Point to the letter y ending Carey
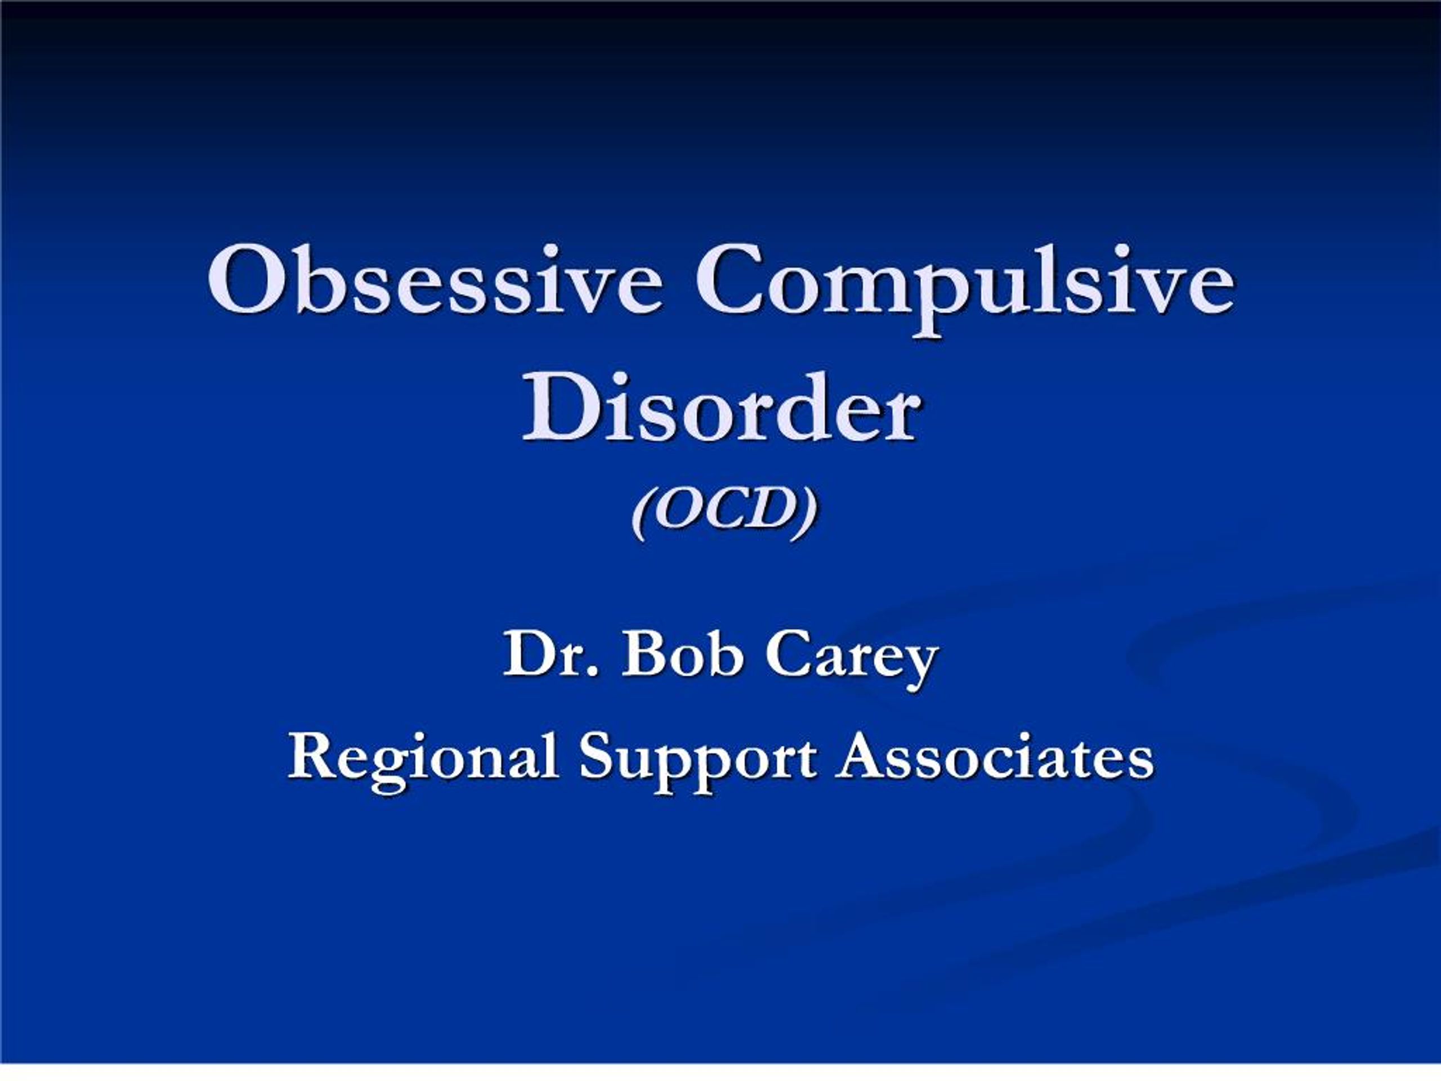(x=920, y=663)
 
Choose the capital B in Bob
(x=642, y=655)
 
